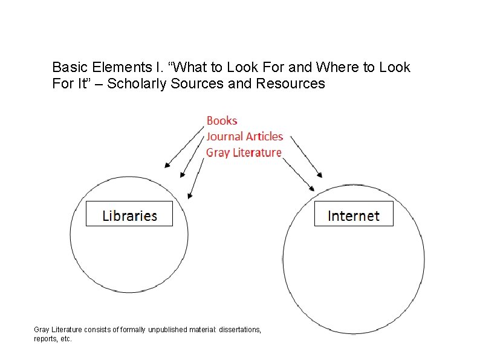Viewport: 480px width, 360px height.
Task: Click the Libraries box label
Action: pyautogui.click(x=129, y=215)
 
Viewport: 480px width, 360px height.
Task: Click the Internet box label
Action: pyautogui.click(x=354, y=215)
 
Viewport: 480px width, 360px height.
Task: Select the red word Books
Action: pyautogui.click(x=222, y=121)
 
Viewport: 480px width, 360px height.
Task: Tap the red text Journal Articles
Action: pyautogui.click(x=245, y=137)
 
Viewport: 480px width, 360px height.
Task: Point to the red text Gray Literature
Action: pyautogui.click(x=244, y=152)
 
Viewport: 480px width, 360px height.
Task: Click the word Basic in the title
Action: pyautogui.click(x=69, y=67)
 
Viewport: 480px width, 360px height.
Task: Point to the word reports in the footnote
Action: pyautogui.click(x=45, y=339)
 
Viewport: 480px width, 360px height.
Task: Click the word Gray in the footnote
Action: pyautogui.click(x=42, y=330)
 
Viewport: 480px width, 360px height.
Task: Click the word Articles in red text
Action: pyautogui.click(x=264, y=137)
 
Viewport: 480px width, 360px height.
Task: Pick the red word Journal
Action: pyautogui.click(x=224, y=137)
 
